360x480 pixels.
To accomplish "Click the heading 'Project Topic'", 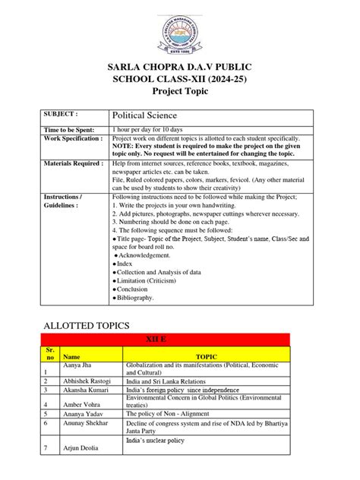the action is pos(180,91).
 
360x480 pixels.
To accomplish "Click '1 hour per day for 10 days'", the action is pos(153,131).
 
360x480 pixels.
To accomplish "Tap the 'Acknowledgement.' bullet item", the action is pos(147,256).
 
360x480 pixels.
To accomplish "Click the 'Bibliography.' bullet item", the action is pos(136,298).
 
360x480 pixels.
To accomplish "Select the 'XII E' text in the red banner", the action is pos(179,341).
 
